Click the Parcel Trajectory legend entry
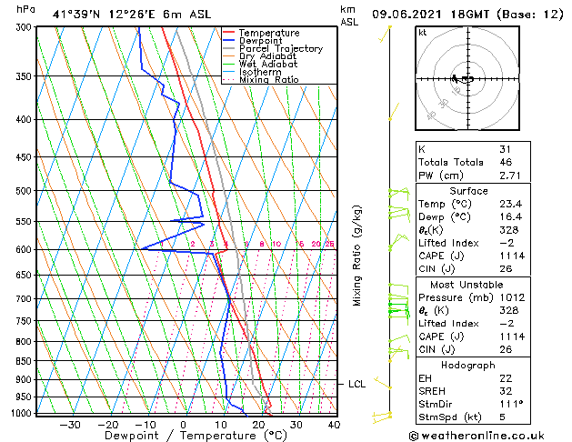[280, 49]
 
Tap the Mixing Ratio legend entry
[269, 80]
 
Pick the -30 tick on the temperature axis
[69, 424]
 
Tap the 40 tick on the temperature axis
[334, 424]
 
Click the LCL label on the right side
[357, 385]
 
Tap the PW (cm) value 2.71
[509, 175]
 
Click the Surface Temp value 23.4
[510, 205]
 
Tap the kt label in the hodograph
[423, 33]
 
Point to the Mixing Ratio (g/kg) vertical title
[357, 255]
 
